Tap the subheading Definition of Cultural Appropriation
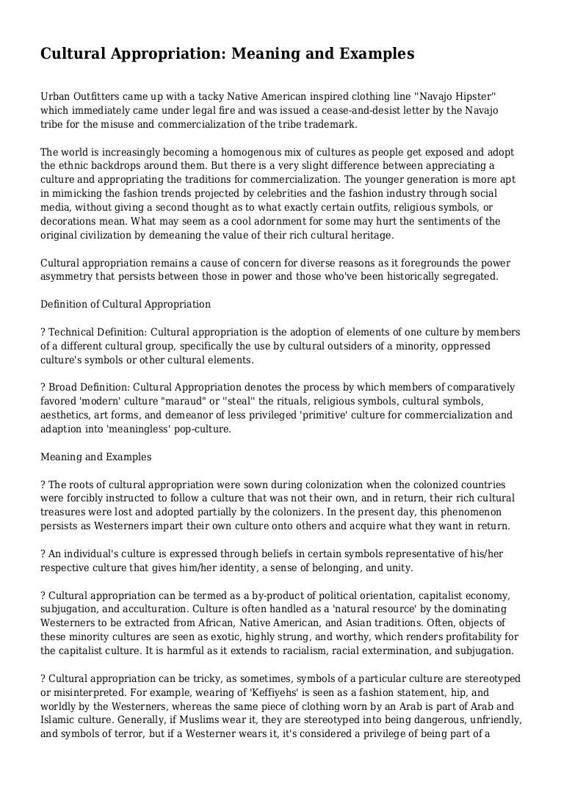coord(126,304)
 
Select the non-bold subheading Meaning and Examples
coord(95,457)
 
